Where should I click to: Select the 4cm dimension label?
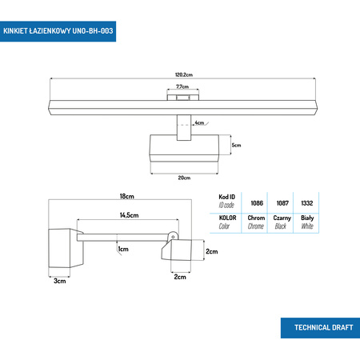coord(199,123)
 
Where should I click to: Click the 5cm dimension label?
coord(236,146)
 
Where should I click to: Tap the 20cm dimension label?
coord(184,178)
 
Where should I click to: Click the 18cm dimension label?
coord(126,196)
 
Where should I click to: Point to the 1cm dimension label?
coord(123,250)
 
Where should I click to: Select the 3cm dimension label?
coord(61,281)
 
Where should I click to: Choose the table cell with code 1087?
coord(282,203)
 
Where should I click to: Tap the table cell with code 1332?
coord(307,203)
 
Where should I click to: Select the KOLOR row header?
coord(228,222)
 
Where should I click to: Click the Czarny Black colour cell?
coord(282,222)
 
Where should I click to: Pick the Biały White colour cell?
coord(307,222)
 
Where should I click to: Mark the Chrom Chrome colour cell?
coord(256,222)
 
